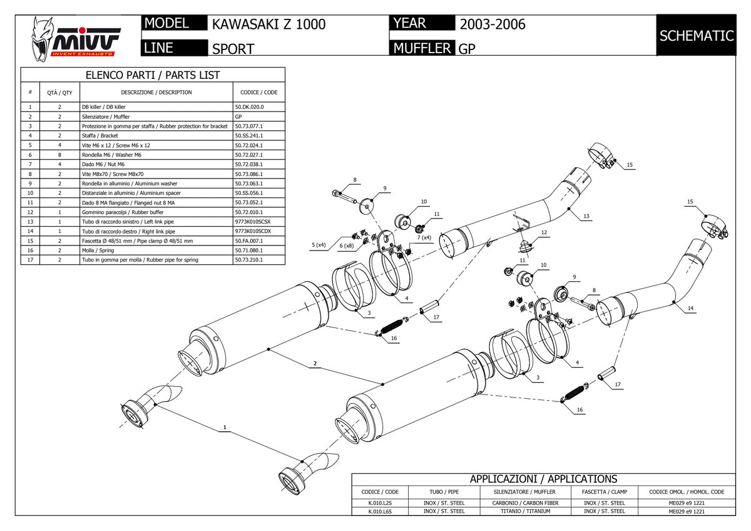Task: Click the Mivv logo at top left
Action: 76,39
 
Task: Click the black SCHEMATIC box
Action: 697,35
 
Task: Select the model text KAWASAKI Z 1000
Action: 268,24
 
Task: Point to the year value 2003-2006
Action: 492,24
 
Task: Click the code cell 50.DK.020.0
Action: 249,107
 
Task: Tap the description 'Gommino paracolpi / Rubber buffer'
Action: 123,212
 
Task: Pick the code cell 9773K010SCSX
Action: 252,222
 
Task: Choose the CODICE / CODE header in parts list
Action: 259,92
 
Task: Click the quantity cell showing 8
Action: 59,155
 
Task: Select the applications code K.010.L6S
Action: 380,512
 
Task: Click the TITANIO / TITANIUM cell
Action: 525,512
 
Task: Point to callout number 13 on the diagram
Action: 586,217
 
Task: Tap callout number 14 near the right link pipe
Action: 690,308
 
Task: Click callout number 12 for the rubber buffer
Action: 544,232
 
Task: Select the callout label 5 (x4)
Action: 319,245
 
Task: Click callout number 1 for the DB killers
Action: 225,427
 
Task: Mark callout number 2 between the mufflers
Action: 315,363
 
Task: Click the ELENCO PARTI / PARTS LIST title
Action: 153,75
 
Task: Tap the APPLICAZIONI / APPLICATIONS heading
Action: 543,479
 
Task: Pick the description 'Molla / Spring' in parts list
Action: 98,250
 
